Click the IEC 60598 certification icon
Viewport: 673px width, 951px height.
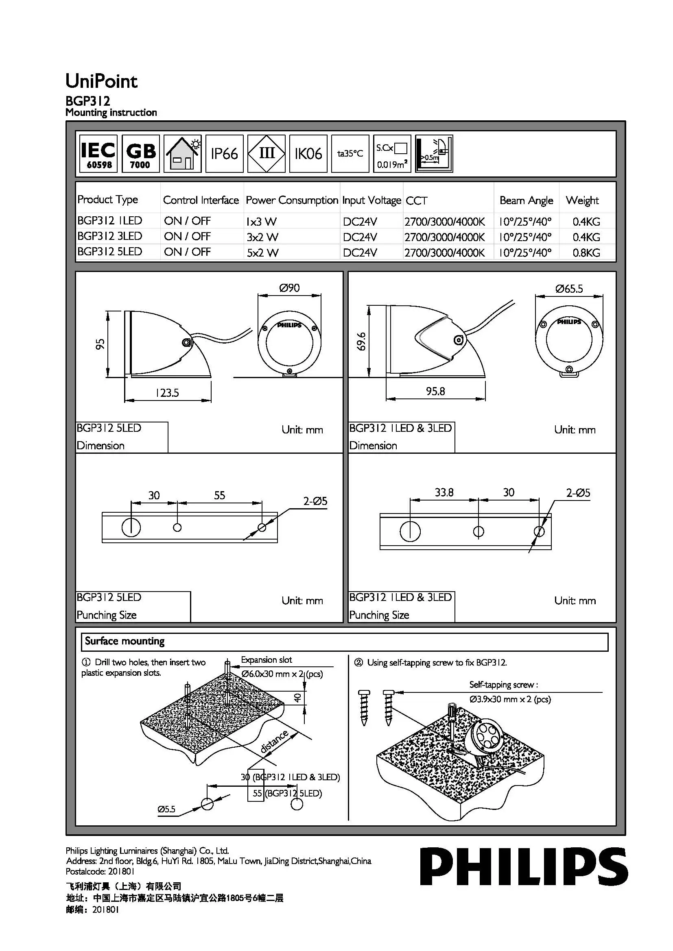98,154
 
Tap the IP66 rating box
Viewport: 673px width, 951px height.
224,154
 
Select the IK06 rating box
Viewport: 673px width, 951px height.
308,154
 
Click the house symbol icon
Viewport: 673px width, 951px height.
182,154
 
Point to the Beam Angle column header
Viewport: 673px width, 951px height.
526,200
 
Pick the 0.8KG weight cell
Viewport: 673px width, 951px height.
586,252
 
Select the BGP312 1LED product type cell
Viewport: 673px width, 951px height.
110,221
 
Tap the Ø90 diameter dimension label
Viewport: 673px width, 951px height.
289,288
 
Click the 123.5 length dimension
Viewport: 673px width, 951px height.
167,393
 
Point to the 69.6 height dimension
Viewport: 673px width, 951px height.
361,341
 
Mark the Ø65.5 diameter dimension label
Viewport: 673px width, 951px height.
569,289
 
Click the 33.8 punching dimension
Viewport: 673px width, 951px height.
444,492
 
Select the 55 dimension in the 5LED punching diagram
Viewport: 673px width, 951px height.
219,495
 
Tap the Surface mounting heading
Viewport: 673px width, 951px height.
125,641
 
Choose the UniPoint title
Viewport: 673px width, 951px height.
102,81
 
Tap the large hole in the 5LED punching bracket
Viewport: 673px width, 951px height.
131,527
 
